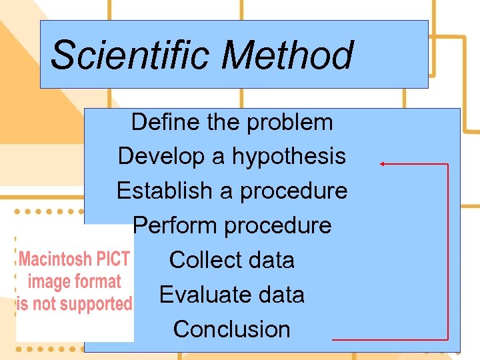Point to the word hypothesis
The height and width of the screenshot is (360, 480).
[289, 157]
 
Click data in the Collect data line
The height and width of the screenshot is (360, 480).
[269, 260]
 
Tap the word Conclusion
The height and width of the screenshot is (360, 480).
[232, 329]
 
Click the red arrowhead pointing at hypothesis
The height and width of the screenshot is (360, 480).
[383, 163]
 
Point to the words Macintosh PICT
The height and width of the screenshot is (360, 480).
[75, 259]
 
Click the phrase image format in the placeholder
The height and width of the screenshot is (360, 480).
[75, 281]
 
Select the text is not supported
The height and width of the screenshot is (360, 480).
[75, 304]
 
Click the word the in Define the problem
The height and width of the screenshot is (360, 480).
[224, 122]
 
